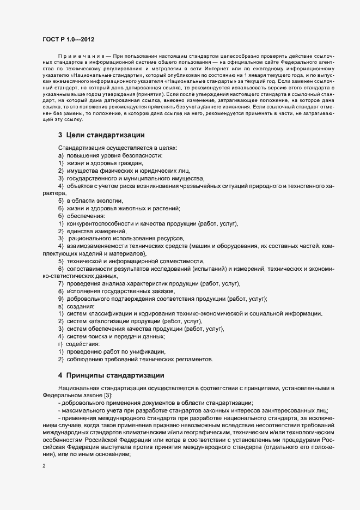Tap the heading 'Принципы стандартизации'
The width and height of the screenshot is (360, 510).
click(115, 375)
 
